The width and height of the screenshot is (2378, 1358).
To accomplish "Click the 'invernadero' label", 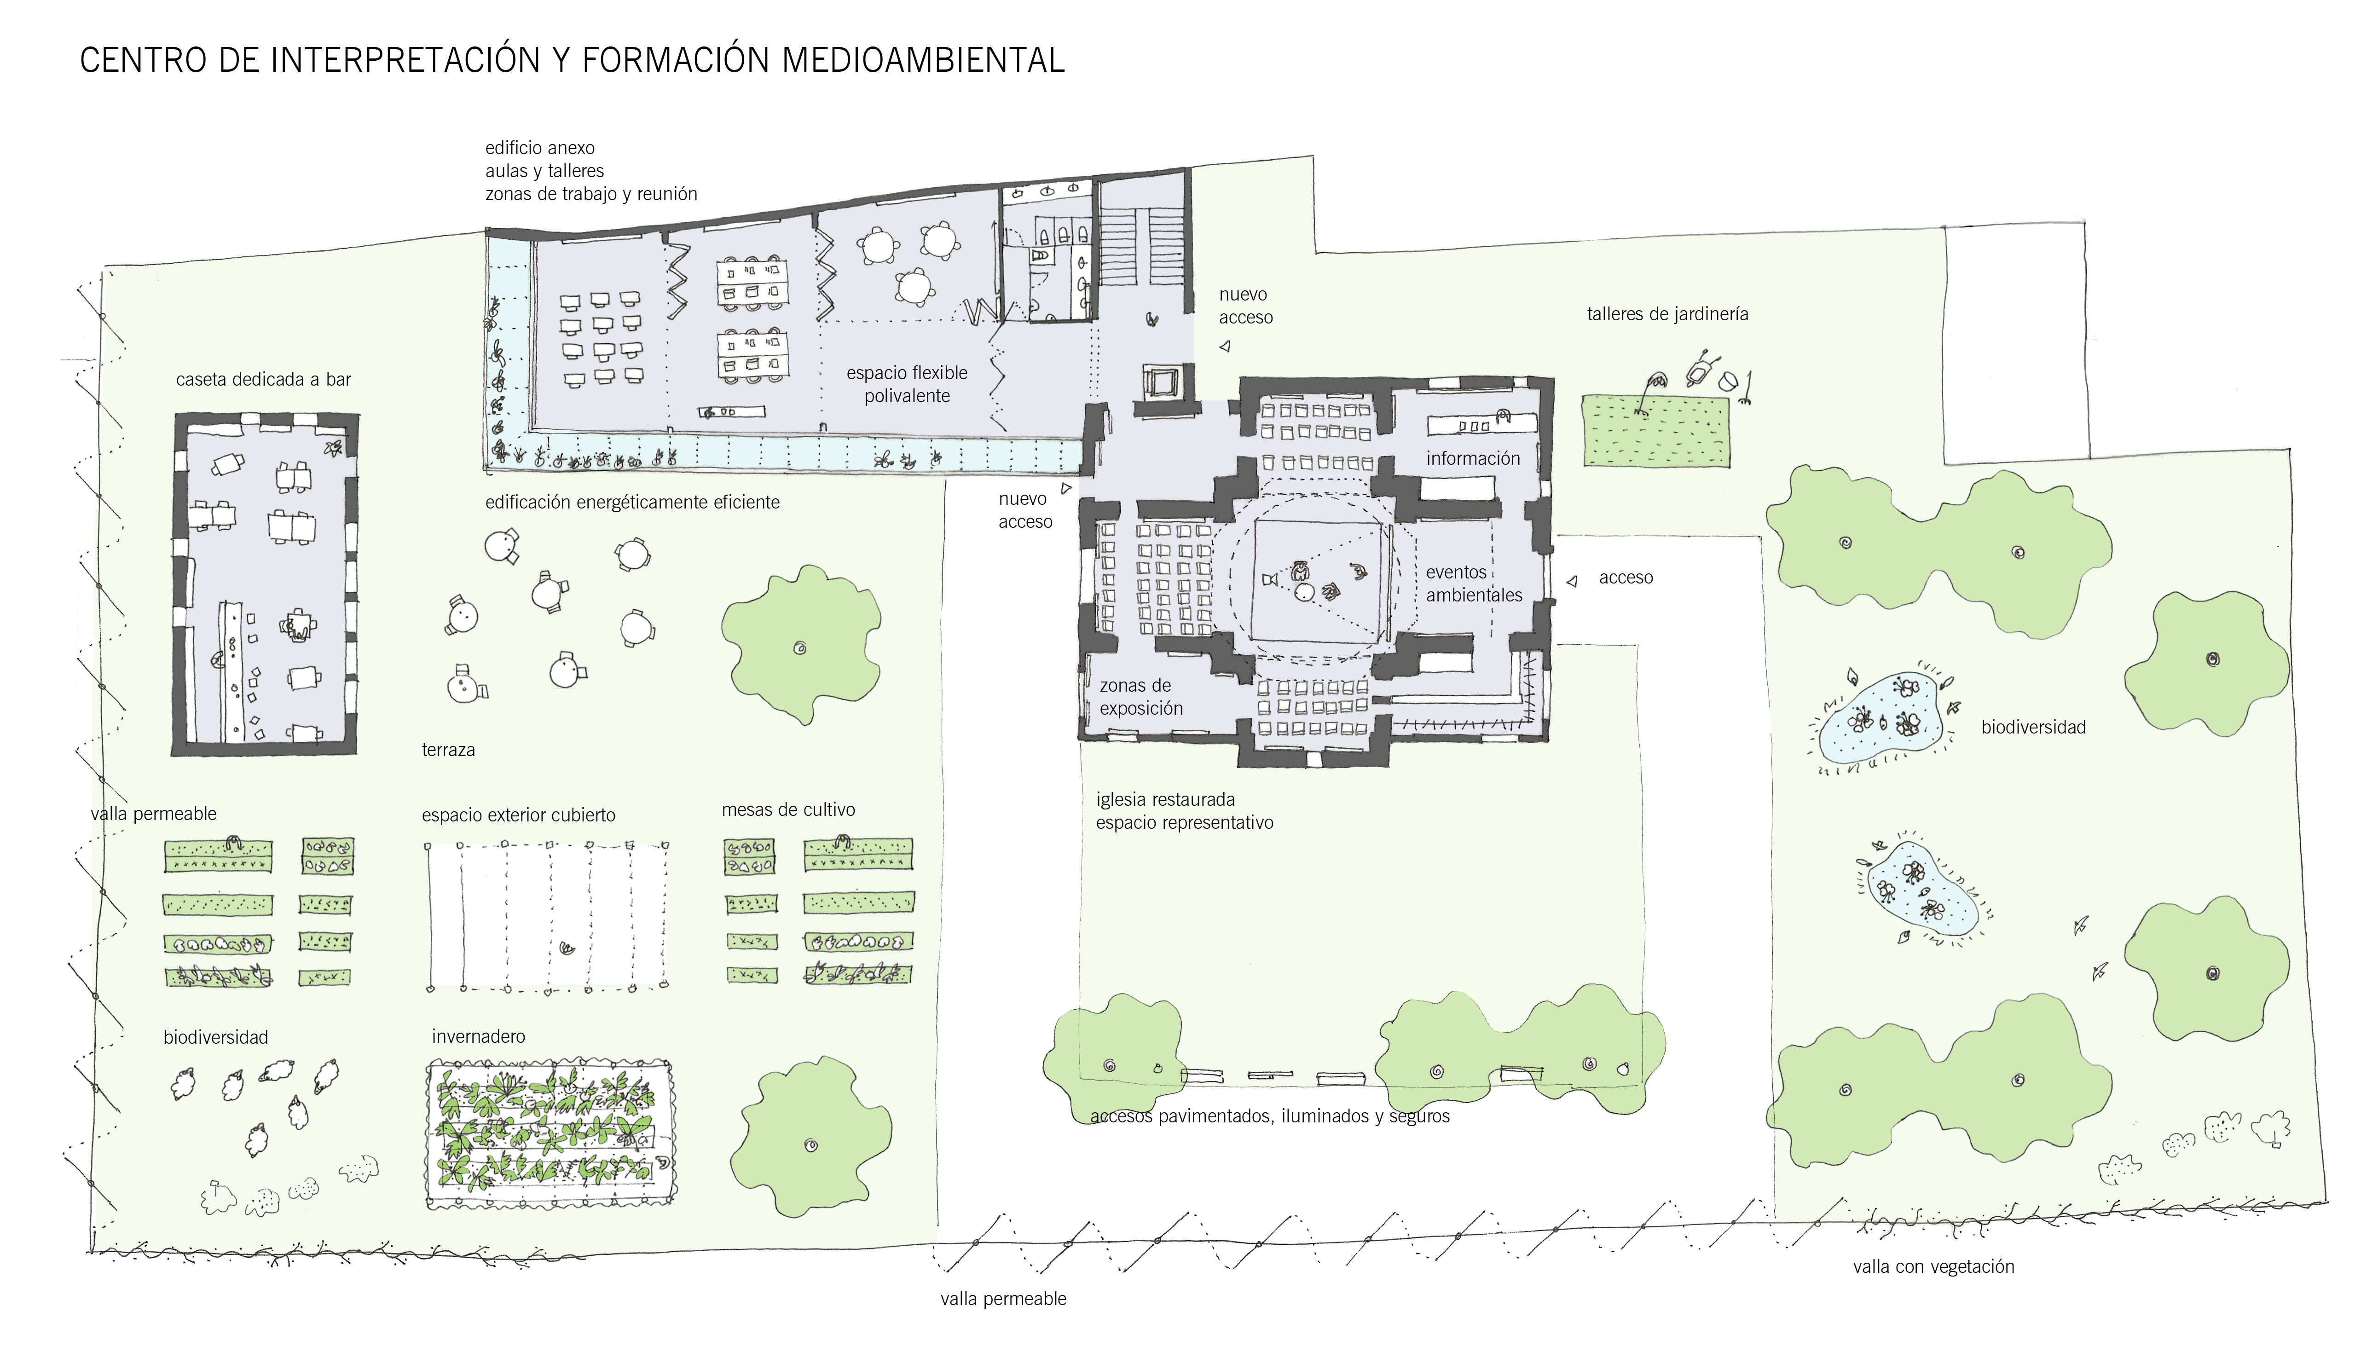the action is point(478,1036).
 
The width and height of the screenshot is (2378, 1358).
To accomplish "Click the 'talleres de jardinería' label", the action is point(1667,314).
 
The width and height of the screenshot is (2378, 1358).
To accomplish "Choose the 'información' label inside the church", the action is point(1472,458).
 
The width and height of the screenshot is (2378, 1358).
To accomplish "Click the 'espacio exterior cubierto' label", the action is point(519,815).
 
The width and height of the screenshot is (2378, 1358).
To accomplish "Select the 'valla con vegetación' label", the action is point(1933,1266).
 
